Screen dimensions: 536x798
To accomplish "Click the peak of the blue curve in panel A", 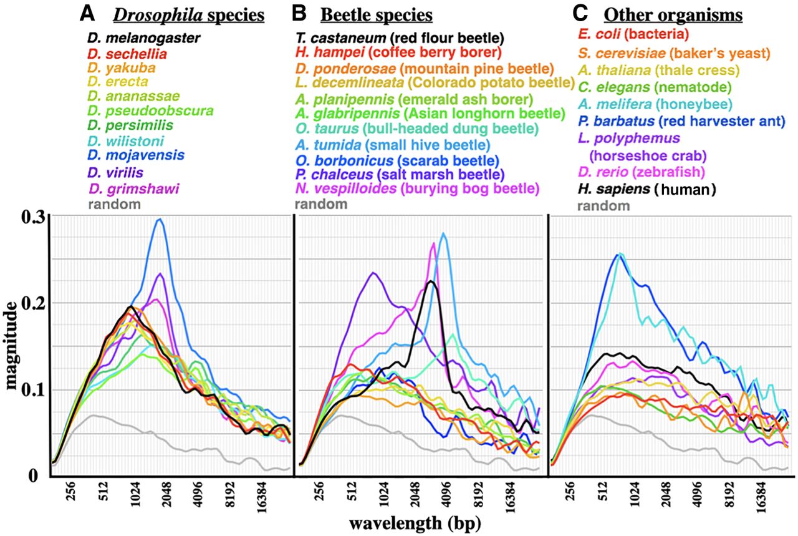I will coord(160,219).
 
